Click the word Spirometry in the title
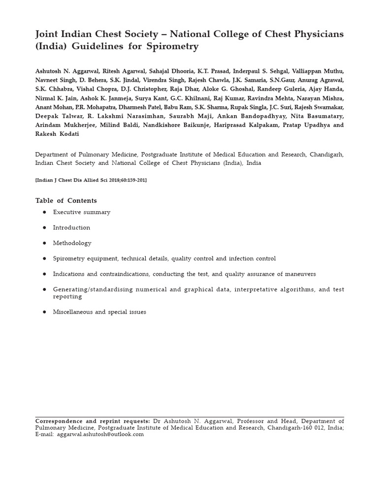[x=174, y=47]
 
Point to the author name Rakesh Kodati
[x=57, y=133]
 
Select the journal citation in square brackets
[x=91, y=180]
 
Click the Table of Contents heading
[x=66, y=200]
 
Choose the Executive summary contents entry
[x=82, y=212]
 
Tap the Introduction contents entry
[x=71, y=227]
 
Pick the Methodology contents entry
[x=72, y=243]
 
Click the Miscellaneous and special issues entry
[x=99, y=312]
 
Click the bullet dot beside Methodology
[x=44, y=243]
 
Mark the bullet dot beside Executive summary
[x=44, y=212]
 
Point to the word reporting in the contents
[x=67, y=297]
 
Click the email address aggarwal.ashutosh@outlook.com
[x=100, y=435]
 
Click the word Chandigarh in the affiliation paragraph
[x=327, y=155]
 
